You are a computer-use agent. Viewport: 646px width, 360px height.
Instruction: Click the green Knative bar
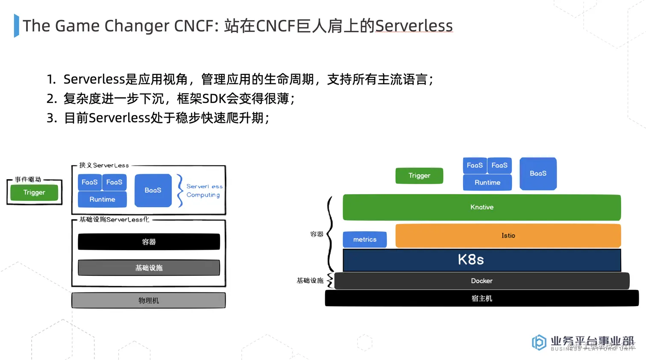point(482,207)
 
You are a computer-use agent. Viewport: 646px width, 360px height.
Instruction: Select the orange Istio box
point(508,236)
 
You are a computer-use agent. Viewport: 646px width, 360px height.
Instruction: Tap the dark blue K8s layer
point(482,260)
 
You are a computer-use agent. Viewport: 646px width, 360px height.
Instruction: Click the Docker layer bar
point(482,281)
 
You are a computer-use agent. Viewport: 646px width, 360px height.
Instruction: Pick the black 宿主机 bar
point(482,298)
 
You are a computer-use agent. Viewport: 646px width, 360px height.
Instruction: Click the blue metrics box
point(364,239)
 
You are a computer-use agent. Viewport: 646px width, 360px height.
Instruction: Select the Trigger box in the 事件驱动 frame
point(34,193)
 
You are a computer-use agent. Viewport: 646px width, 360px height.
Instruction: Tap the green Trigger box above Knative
point(419,176)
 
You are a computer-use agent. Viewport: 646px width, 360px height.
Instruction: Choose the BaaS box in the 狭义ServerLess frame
point(153,190)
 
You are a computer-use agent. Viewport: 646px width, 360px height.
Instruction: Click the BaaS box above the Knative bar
point(538,174)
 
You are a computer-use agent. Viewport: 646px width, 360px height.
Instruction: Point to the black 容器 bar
point(149,242)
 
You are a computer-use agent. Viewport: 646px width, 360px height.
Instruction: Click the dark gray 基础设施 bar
point(149,268)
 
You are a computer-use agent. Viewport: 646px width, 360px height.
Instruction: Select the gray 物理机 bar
point(148,301)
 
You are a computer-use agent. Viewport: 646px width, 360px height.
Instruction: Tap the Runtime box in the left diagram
point(102,200)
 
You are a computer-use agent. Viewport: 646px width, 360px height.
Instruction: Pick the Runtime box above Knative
point(487,183)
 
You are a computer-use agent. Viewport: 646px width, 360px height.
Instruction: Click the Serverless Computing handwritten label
point(204,191)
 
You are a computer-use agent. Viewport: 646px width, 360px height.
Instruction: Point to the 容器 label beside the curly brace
point(317,234)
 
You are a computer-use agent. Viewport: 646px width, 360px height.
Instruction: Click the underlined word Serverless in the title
point(414,26)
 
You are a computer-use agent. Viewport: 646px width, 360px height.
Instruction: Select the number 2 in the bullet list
point(51,99)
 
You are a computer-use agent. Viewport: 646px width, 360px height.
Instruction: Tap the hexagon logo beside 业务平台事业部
point(539,342)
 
